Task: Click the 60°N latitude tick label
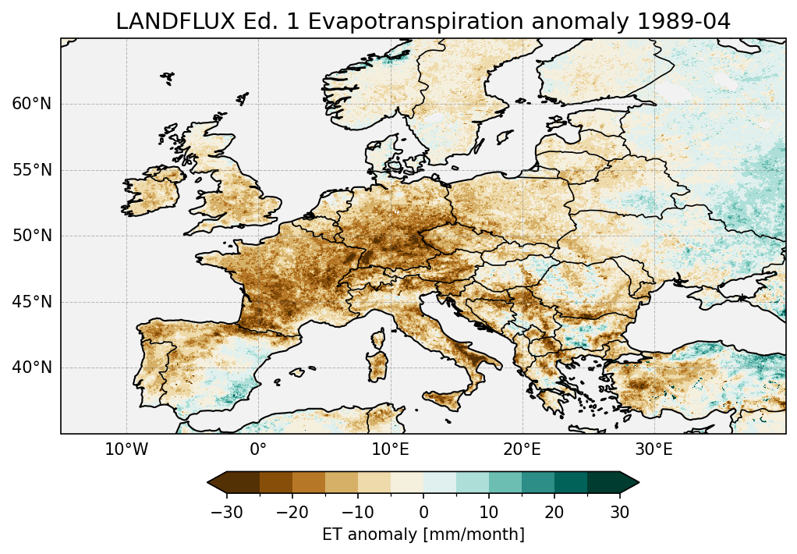pos(31,104)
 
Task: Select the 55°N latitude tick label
pos(31,170)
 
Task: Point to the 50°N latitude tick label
pos(31,236)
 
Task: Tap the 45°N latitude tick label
pos(31,302)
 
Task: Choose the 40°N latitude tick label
pos(31,368)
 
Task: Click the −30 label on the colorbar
pos(226,512)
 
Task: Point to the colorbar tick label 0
pos(423,512)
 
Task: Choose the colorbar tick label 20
pos(554,512)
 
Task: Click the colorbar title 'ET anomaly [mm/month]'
pos(423,534)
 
